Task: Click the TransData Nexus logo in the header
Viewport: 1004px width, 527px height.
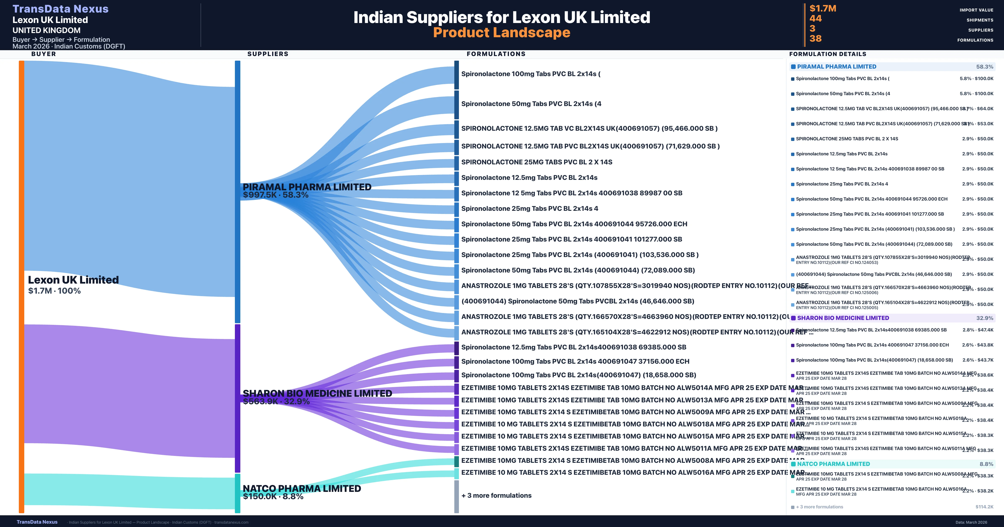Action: (x=60, y=9)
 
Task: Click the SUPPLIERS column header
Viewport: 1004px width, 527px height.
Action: (x=268, y=54)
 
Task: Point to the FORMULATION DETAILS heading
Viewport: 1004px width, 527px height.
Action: (x=827, y=54)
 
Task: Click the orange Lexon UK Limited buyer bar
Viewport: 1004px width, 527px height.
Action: (x=21, y=287)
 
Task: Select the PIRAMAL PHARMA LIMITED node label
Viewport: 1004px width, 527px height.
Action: (x=307, y=187)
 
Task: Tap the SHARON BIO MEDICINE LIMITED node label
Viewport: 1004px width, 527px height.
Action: (x=317, y=393)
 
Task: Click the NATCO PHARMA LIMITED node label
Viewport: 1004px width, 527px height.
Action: (x=302, y=488)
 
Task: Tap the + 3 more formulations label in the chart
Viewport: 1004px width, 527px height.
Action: (x=496, y=495)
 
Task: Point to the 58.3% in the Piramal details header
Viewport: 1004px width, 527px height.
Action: (x=985, y=67)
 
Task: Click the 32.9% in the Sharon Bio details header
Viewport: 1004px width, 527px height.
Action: (x=985, y=318)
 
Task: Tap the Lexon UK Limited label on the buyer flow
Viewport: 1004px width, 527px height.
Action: (x=73, y=280)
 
